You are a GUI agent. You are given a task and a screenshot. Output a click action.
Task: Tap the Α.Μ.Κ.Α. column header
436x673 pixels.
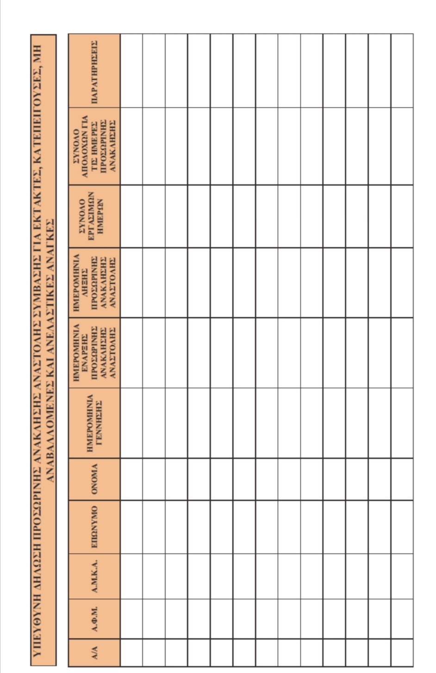[x=94, y=576]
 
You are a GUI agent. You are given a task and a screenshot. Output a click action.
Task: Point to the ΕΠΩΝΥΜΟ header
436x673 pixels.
[x=94, y=527]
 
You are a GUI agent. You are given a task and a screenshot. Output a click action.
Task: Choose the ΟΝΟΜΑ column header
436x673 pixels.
[x=94, y=479]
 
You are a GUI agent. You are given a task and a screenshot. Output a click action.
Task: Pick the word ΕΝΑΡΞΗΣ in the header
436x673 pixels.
[x=86, y=353]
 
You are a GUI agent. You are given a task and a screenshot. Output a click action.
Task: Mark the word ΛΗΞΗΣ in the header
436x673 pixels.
[x=86, y=283]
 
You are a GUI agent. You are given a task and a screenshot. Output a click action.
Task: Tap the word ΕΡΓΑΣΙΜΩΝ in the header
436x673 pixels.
[x=90, y=216]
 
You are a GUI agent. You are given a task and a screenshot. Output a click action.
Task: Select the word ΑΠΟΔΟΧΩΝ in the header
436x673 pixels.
[x=86, y=146]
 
